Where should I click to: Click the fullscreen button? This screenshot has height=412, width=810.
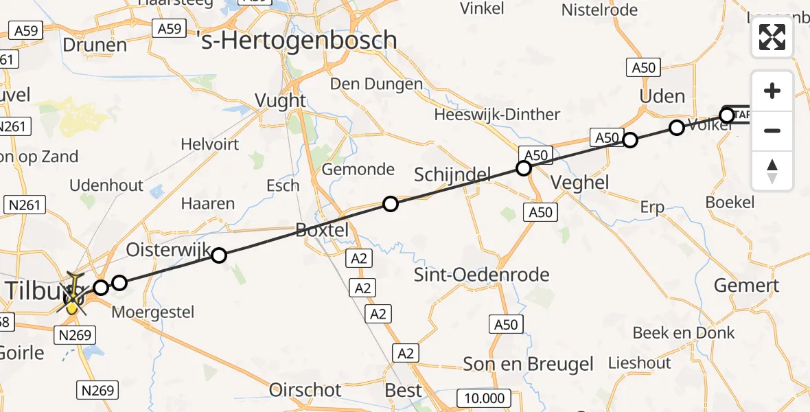(772, 37)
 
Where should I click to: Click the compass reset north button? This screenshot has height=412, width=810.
(772, 170)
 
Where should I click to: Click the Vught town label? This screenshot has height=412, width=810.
(280, 100)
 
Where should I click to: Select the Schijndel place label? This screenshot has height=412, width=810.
(452, 175)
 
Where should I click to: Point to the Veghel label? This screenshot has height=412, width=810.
(580, 182)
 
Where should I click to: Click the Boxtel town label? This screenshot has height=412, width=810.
(322, 230)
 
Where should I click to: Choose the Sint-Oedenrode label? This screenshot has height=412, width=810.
(482, 275)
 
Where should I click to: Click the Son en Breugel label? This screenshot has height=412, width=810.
(528, 364)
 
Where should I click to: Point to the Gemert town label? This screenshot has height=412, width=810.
(746, 285)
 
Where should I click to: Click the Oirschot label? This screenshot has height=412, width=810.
(305, 390)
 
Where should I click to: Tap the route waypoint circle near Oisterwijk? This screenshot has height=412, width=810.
(219, 255)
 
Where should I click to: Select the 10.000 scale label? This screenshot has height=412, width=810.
(484, 398)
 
